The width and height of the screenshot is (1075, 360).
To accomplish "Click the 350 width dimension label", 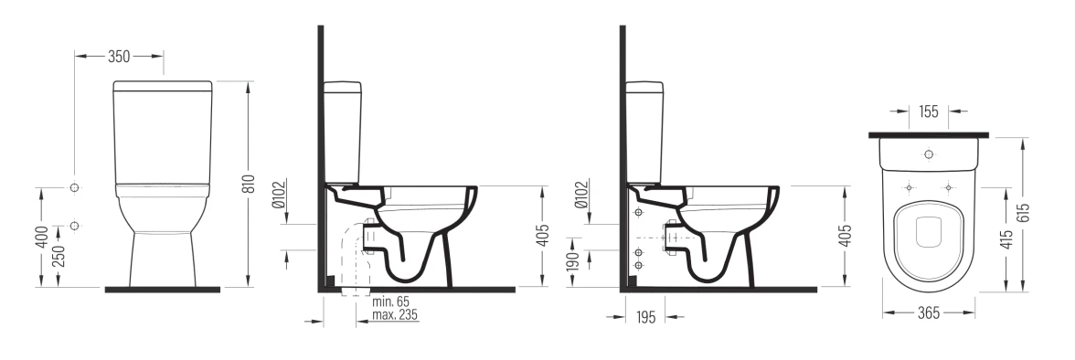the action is click(119, 57).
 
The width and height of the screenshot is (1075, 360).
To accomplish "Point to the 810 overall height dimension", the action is click(249, 184).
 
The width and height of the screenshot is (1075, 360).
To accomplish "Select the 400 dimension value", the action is click(43, 237).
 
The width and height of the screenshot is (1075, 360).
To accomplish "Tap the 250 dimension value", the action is click(59, 256).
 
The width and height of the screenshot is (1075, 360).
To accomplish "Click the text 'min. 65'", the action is click(390, 302).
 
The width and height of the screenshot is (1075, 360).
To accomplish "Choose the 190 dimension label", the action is click(574, 260).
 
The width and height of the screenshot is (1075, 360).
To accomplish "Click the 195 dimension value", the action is click(645, 317).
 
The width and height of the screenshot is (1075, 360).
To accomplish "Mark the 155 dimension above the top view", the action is click(929, 112).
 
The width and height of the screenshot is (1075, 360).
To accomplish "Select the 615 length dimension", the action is click(1024, 213).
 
